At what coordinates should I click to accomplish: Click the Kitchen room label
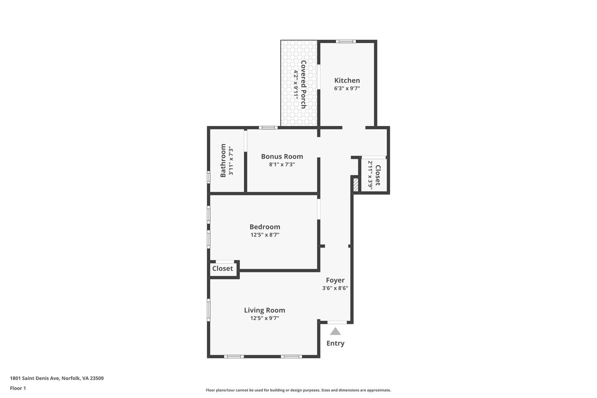click(347, 80)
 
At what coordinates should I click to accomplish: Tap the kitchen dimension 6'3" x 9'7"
click(347, 88)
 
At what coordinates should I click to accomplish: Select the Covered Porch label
click(303, 84)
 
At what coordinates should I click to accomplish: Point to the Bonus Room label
click(282, 157)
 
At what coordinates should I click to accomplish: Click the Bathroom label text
click(223, 160)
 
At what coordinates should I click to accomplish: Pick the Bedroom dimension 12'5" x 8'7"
click(265, 235)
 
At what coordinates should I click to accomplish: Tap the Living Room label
click(264, 310)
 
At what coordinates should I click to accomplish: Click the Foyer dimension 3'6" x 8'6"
click(335, 288)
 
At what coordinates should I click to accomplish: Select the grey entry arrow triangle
click(335, 332)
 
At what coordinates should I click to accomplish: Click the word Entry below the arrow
click(335, 343)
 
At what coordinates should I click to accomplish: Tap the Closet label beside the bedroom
click(222, 269)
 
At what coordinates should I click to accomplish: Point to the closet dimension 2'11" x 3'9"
click(370, 175)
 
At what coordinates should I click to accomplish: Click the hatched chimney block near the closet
click(356, 185)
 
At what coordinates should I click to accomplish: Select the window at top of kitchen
click(346, 41)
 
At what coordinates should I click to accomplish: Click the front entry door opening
click(337, 322)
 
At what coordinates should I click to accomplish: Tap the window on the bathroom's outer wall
click(208, 177)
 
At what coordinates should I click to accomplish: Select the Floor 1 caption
click(18, 388)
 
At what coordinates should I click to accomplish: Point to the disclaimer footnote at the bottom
click(298, 390)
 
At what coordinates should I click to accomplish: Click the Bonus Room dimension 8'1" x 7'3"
click(282, 164)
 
